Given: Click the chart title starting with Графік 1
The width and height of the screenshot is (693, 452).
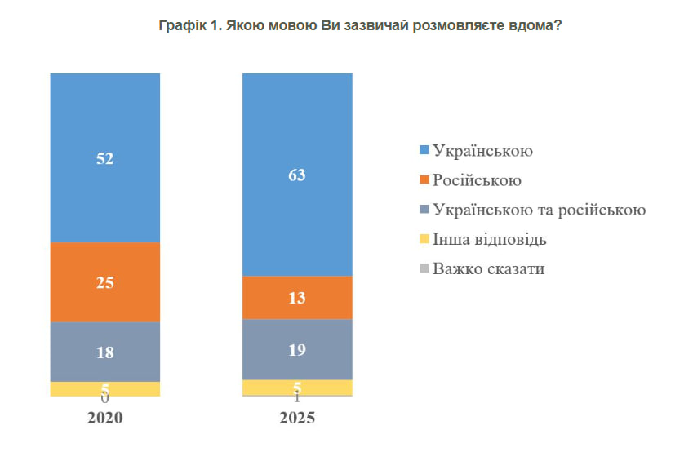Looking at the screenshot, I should tap(360, 26).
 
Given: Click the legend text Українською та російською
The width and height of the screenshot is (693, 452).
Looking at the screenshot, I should tap(540, 210).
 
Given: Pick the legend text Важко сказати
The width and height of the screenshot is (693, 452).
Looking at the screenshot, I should tap(488, 268).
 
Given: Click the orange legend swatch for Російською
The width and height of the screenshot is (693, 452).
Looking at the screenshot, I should tap(424, 180).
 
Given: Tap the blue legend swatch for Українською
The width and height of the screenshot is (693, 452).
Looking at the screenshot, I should tap(424, 151).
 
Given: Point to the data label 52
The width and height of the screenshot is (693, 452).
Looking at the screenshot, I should tap(104, 159).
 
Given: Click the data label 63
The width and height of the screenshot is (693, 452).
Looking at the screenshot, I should tap(297, 175).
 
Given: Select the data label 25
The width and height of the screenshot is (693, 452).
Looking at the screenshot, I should tap(104, 283).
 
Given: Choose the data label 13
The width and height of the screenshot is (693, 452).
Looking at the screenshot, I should tap(297, 298).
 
